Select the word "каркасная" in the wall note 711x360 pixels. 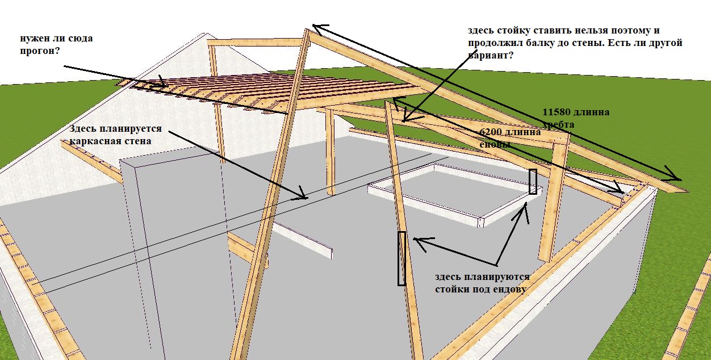tap(93, 141)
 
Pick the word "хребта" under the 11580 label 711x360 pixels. tap(559, 124)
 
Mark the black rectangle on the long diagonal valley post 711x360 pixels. tap(401, 258)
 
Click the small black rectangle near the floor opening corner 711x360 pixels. tap(533, 182)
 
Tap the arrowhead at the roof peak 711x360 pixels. tap(316, 26)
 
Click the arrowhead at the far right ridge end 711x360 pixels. tap(676, 177)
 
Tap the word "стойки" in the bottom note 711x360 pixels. tap(450, 289)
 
